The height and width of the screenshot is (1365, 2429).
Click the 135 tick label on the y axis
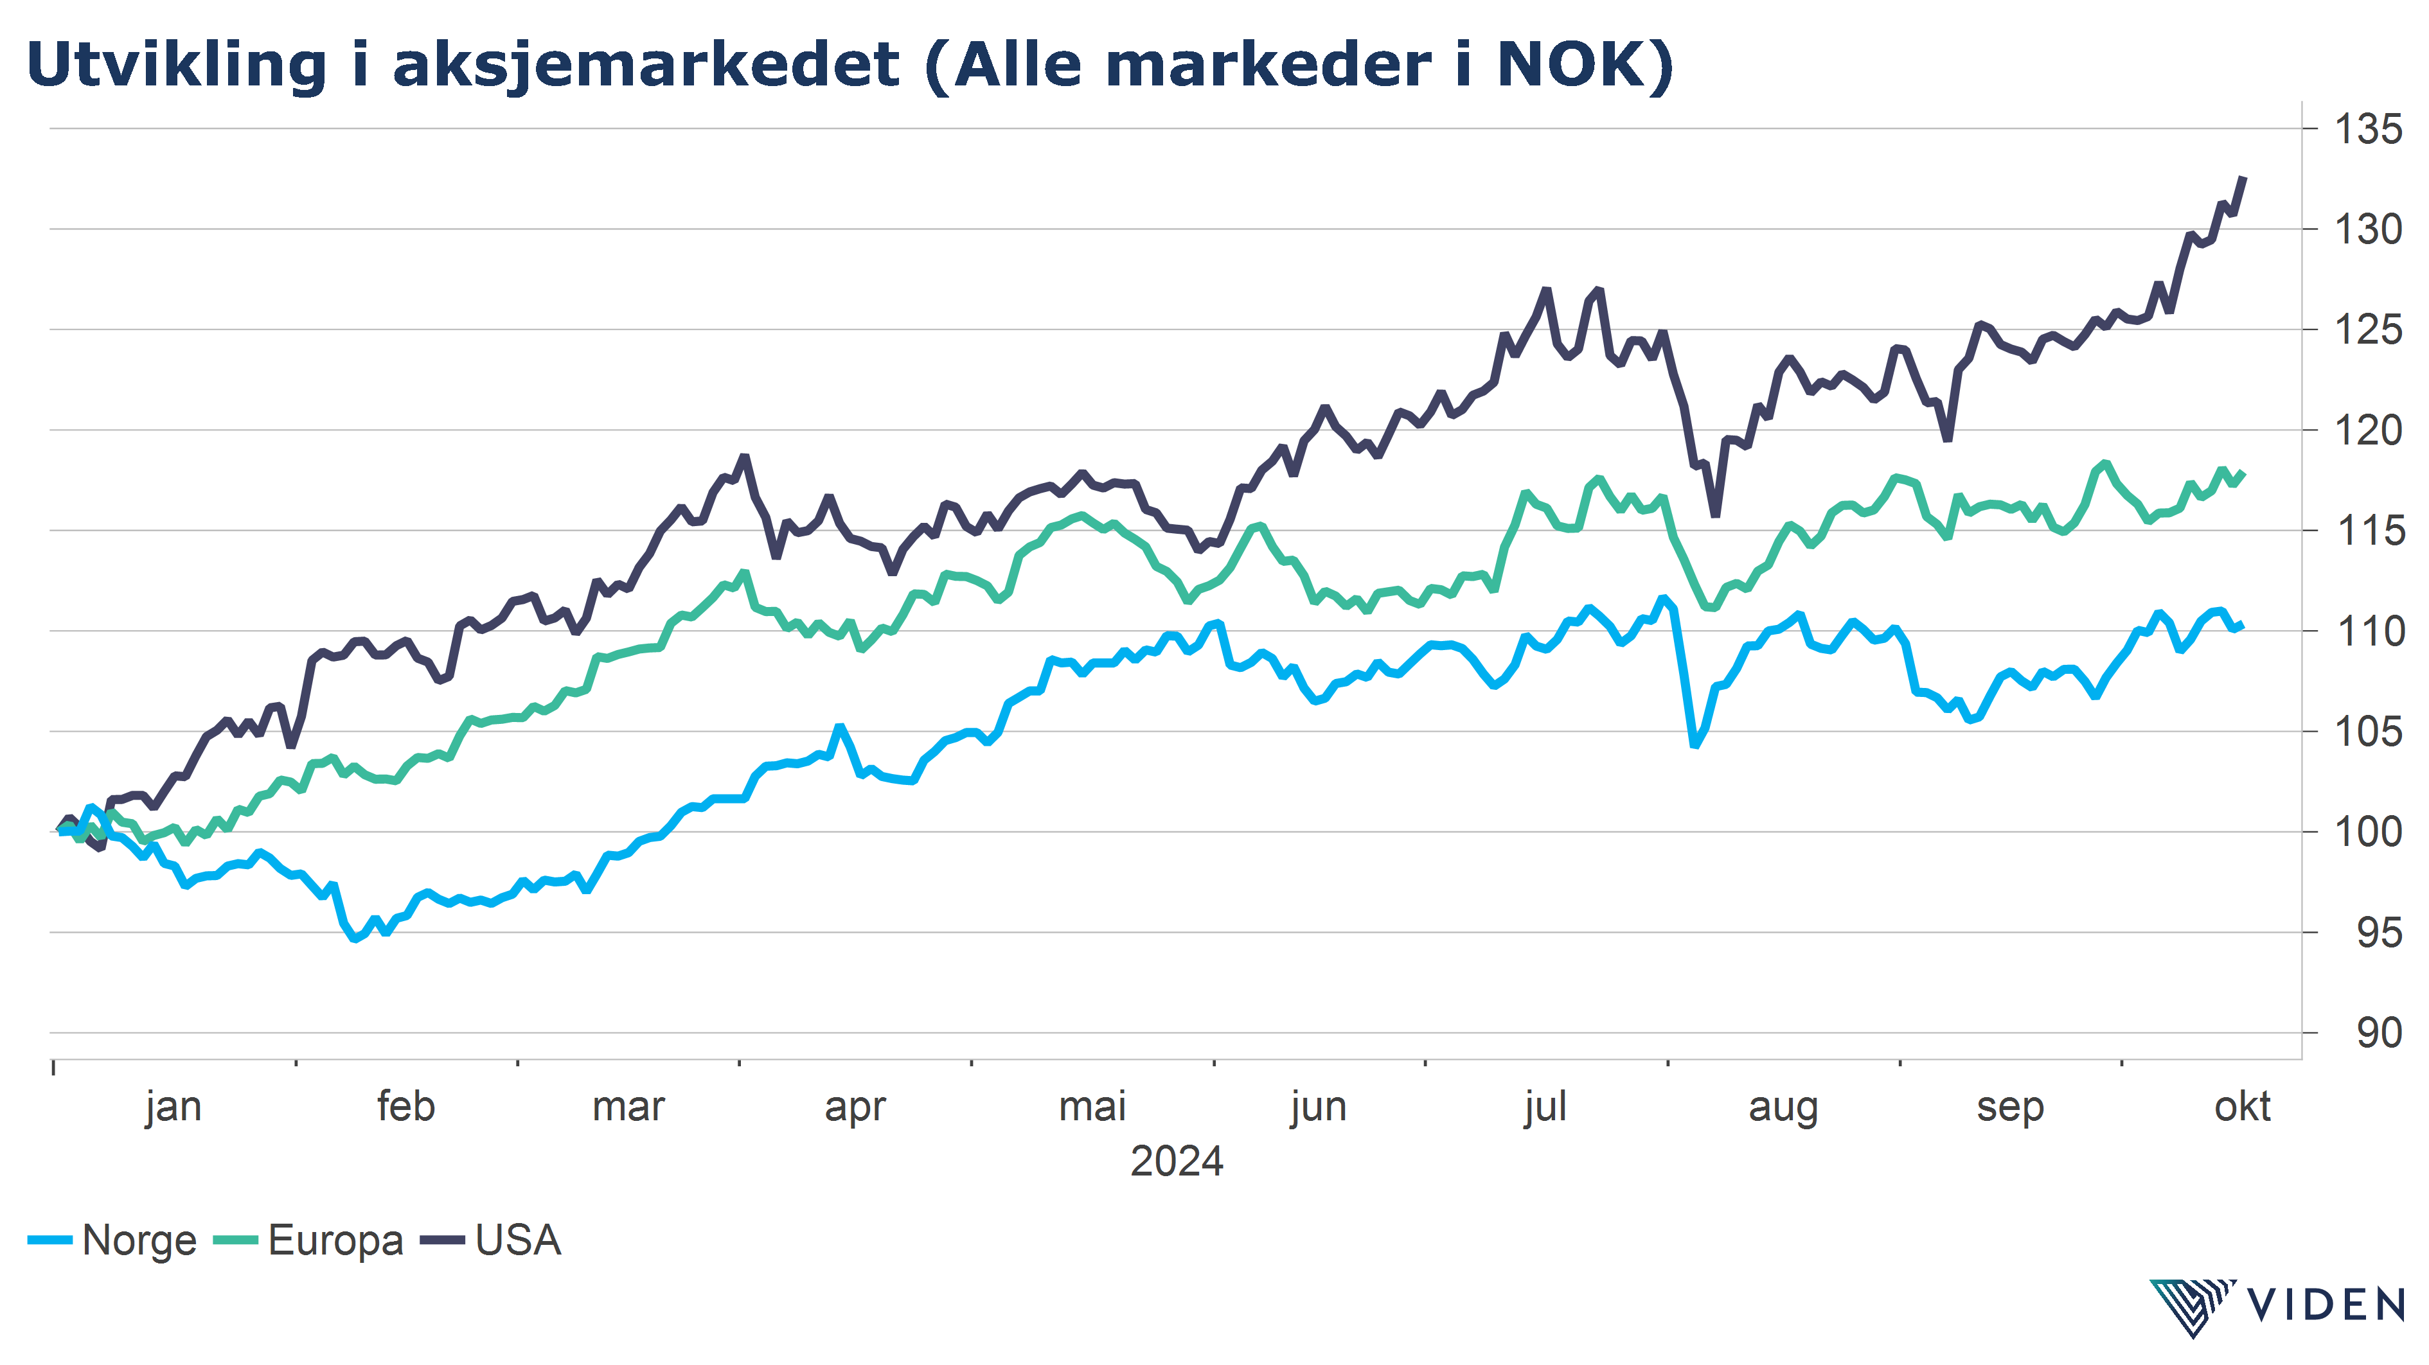pyautogui.click(x=2367, y=129)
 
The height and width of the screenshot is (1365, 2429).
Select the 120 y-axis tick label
pyautogui.click(x=2367, y=431)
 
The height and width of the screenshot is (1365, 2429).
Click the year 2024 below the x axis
pyautogui.click(x=1176, y=1161)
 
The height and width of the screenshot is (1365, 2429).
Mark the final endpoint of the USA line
pyautogui.click(x=2243, y=178)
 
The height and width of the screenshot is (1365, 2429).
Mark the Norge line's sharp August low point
pyautogui.click(x=1695, y=744)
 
